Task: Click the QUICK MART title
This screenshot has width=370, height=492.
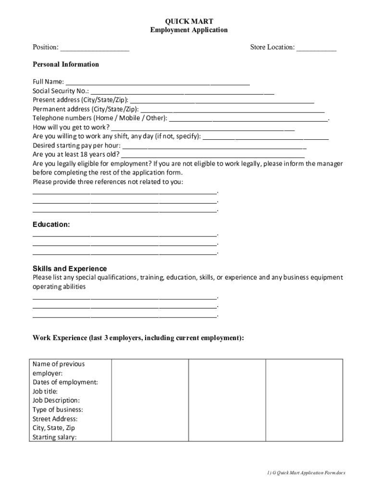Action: point(189,21)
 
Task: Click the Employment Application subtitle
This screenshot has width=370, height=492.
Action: point(189,30)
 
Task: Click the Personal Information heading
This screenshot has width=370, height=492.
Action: point(66,64)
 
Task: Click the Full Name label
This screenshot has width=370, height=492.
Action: point(48,82)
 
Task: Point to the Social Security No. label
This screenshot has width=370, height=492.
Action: point(61,91)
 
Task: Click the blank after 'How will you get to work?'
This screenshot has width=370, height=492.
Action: point(202,128)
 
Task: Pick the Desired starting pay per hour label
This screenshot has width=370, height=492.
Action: point(77,146)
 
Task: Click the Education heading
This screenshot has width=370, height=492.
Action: point(51,224)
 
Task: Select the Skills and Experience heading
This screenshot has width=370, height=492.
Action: point(70,269)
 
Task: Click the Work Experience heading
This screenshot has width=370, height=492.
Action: point(138,338)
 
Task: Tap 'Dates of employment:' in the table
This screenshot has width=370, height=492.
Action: point(65,382)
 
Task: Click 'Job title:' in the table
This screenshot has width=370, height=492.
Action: point(45,392)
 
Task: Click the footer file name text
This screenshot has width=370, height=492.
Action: point(307,473)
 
